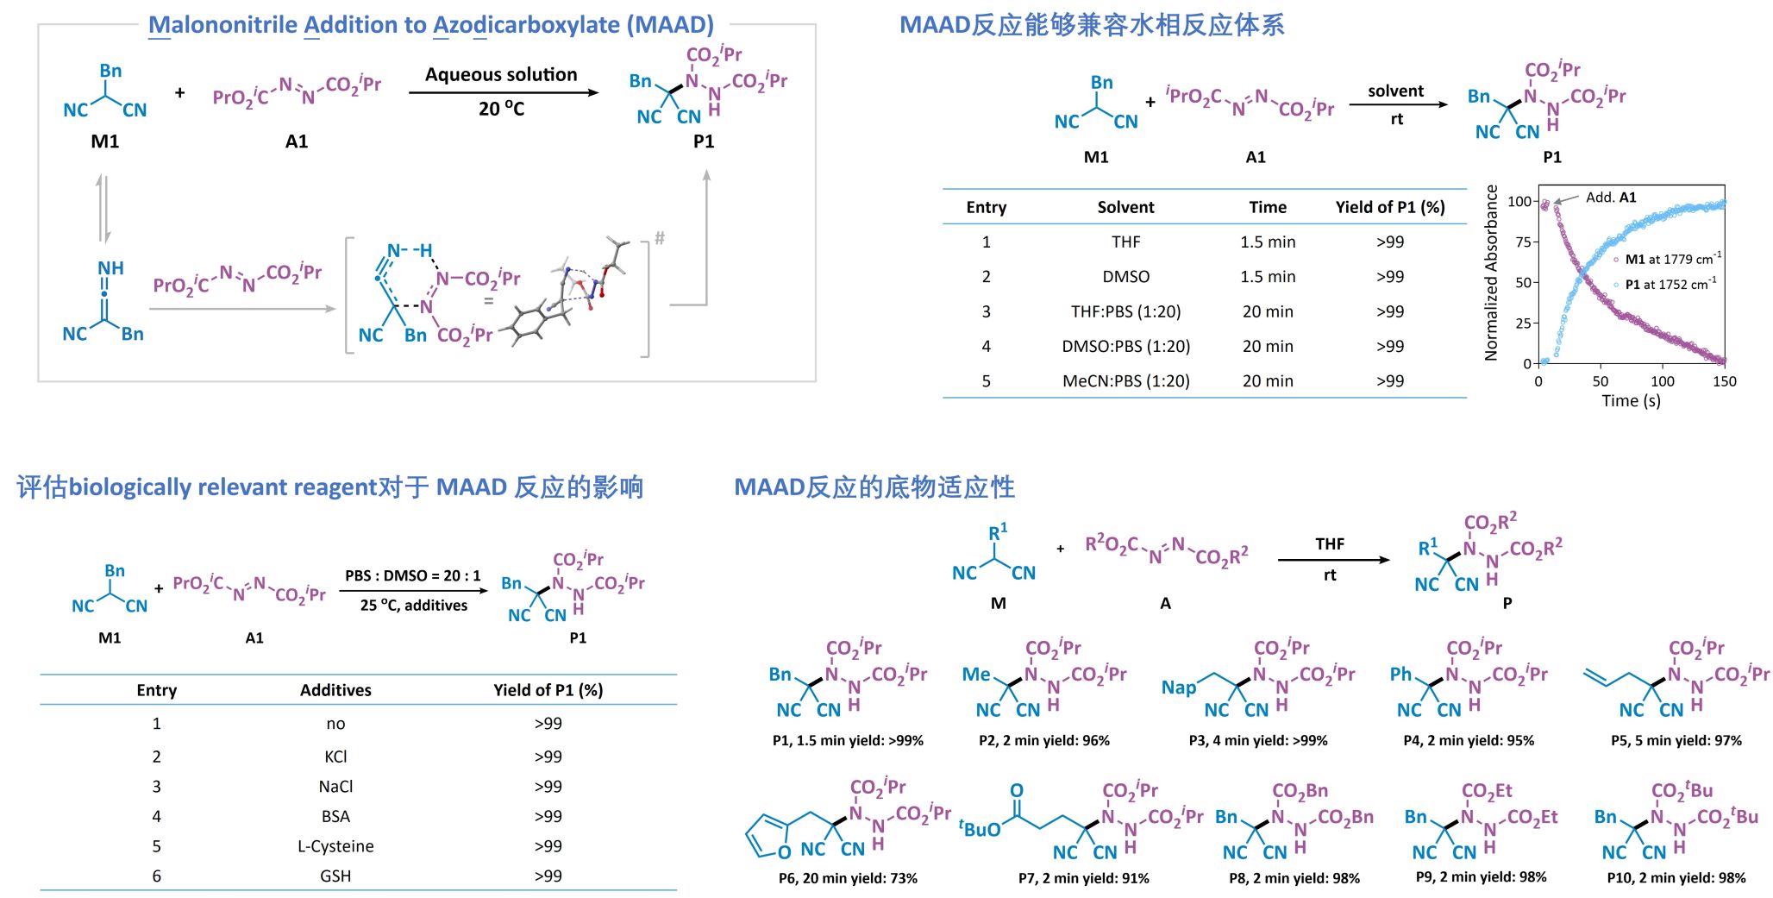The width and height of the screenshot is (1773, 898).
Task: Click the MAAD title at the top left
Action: click(x=430, y=25)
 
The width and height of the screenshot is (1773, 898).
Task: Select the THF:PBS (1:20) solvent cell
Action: click(x=1125, y=311)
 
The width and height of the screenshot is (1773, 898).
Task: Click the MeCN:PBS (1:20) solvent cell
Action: click(x=1125, y=381)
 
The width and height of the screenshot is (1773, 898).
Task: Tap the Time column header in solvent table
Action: click(x=1267, y=207)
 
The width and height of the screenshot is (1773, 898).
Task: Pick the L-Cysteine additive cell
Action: click(x=335, y=846)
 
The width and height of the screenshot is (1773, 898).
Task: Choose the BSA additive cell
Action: click(x=335, y=816)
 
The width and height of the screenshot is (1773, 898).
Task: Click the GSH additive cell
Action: click(x=335, y=876)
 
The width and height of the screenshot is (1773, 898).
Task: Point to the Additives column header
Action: click(x=335, y=690)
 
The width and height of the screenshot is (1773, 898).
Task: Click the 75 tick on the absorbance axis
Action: click(x=1522, y=242)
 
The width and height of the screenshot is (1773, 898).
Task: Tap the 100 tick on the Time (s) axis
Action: click(x=1662, y=381)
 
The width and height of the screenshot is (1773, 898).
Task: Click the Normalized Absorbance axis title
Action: click(x=1491, y=273)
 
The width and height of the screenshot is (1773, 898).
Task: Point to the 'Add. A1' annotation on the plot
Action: click(x=1610, y=198)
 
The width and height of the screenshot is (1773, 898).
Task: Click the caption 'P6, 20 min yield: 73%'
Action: click(x=848, y=878)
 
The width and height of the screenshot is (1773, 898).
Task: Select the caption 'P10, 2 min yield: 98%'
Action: click(x=1676, y=878)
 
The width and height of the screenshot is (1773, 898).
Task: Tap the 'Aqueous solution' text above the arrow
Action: click(x=501, y=75)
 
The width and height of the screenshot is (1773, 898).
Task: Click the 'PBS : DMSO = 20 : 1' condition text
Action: click(x=413, y=575)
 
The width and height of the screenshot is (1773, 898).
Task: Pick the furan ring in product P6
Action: click(x=767, y=836)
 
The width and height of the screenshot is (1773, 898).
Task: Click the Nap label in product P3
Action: click(x=1178, y=688)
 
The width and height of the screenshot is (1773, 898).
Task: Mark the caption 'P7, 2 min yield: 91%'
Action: click(x=1083, y=878)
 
